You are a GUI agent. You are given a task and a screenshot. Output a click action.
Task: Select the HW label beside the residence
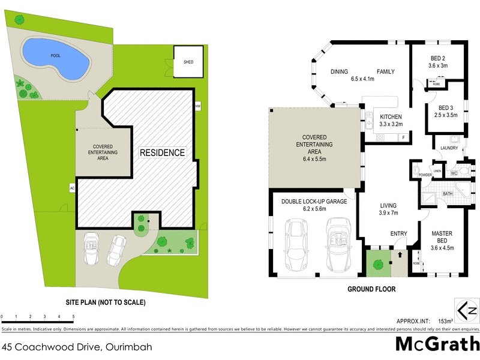197,106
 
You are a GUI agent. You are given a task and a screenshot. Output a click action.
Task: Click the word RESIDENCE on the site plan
162,152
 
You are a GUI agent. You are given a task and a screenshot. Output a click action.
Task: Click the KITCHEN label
391,117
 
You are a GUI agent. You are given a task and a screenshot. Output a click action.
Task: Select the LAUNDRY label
449,148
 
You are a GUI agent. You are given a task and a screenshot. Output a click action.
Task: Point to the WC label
454,174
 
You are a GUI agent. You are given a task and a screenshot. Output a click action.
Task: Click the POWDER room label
425,175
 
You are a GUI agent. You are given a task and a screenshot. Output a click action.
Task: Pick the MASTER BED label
442,233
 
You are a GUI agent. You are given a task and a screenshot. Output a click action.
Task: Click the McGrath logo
437,344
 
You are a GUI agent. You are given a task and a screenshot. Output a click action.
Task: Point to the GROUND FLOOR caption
371,289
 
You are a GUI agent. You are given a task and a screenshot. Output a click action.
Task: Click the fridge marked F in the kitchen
404,138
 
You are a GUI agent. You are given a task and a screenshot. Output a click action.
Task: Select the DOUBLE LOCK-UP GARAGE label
314,202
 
